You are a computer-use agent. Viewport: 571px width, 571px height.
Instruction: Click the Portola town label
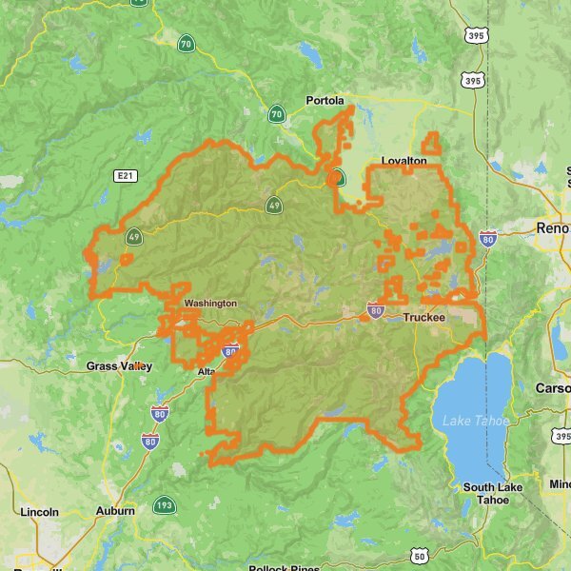pyautogui.click(x=325, y=100)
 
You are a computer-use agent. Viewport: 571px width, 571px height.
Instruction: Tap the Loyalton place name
pyautogui.click(x=404, y=161)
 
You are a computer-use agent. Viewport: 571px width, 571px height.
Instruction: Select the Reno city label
pyautogui.click(x=552, y=228)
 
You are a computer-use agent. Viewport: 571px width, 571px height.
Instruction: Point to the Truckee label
pyautogui.click(x=423, y=318)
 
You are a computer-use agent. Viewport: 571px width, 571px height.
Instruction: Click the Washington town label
pyautogui.click(x=210, y=303)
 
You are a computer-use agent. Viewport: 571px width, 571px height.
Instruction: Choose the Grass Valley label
pyautogui.click(x=118, y=365)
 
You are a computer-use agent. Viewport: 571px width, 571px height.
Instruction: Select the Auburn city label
pyautogui.click(x=115, y=511)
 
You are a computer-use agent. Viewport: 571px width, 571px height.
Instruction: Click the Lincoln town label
pyautogui.click(x=39, y=511)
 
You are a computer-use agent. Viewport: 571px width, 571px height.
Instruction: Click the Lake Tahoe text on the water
pyautogui.click(x=476, y=420)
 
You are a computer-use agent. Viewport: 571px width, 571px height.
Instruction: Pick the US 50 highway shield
pyautogui.click(x=420, y=556)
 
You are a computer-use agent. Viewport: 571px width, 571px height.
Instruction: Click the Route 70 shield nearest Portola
pyautogui.click(x=276, y=114)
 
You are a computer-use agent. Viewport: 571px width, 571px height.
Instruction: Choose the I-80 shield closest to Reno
pyautogui.click(x=488, y=240)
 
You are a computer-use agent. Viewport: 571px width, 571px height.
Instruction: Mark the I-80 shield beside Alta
pyautogui.click(x=229, y=352)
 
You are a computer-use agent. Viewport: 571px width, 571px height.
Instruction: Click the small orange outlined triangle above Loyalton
pyautogui.click(x=432, y=144)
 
